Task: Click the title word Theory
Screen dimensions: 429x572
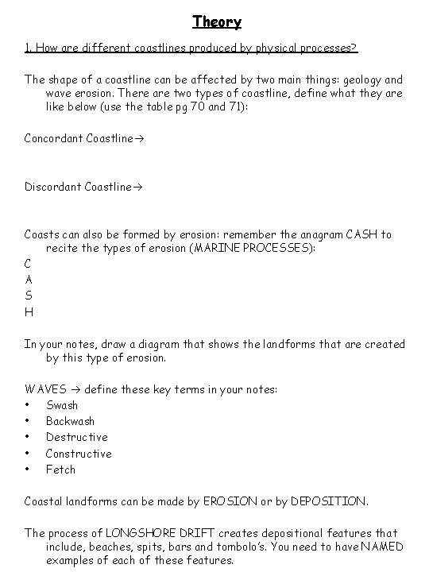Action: (x=216, y=21)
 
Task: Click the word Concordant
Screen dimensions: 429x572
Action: (x=53, y=138)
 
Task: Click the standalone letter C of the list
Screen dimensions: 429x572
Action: (x=29, y=264)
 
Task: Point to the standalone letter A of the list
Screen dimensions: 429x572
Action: (x=29, y=280)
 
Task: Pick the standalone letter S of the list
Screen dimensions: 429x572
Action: (x=29, y=296)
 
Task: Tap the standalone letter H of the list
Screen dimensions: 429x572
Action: (x=29, y=311)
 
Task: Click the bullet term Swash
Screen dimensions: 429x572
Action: (x=62, y=405)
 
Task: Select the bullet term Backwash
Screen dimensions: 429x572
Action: (x=70, y=421)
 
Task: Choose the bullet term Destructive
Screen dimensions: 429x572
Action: (x=76, y=437)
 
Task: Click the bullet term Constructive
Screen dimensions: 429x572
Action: (x=79, y=454)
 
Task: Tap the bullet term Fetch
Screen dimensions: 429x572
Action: (x=60, y=470)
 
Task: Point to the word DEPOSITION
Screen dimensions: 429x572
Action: (x=328, y=501)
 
